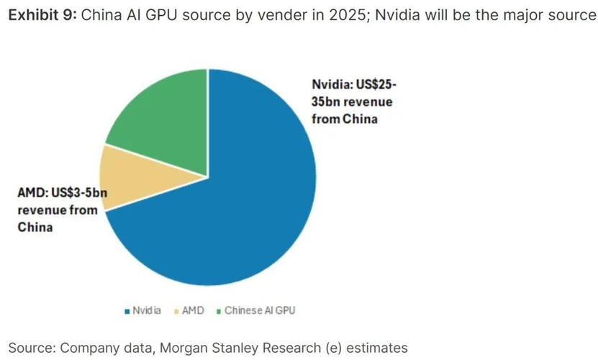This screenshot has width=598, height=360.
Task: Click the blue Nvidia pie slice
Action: click(x=237, y=216)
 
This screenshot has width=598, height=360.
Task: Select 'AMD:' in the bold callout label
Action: click(x=32, y=193)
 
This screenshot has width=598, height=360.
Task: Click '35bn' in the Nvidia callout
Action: click(x=326, y=102)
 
